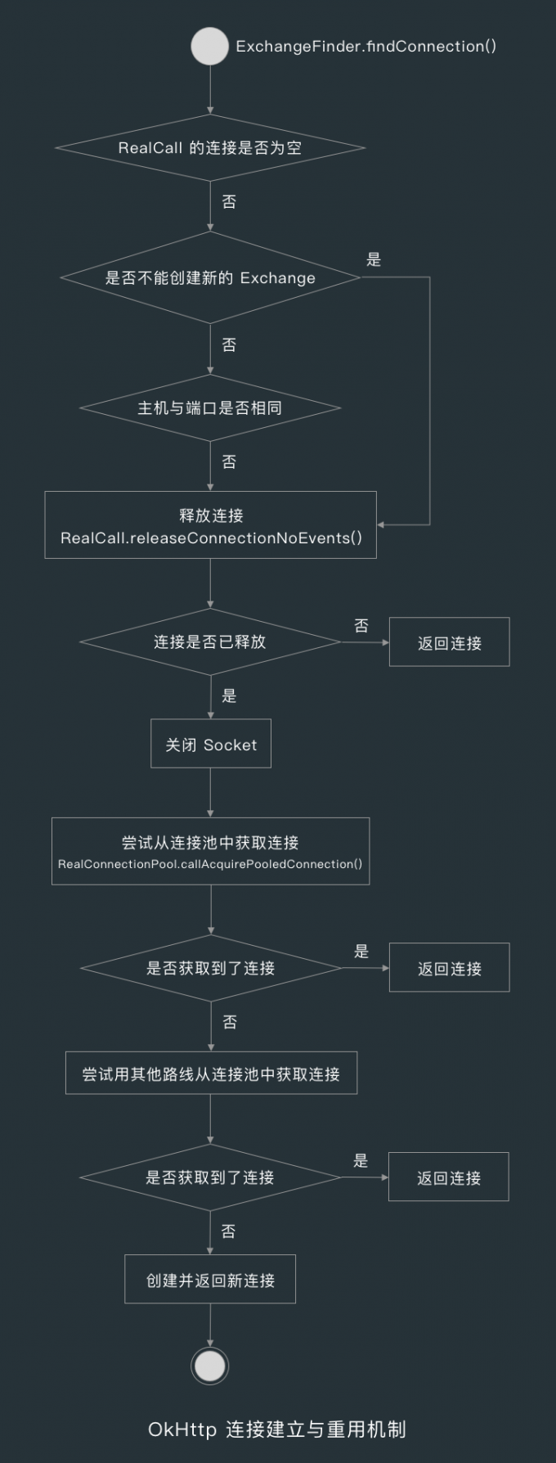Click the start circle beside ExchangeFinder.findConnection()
pos(209,47)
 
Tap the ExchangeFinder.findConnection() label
pos(365,47)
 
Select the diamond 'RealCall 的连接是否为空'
pos(209,148)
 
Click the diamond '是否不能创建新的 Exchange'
pos(209,277)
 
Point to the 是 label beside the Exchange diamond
pos(374,260)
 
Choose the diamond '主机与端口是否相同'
pos(209,407)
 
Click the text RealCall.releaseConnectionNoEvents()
pos(211,538)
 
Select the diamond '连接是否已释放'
pos(209,641)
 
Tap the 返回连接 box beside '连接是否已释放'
pos(449,642)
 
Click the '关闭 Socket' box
pos(211,744)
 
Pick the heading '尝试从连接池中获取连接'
pos(210,842)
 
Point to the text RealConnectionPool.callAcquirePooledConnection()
pos(210,864)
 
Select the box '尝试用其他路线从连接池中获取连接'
pos(211,1074)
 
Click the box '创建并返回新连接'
pos(210,1280)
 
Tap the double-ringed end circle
pos(210,1366)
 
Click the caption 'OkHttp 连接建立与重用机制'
pos(277,1429)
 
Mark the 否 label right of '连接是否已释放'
pos(361,626)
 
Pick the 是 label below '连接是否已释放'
pos(229,695)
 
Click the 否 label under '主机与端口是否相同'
pos(229,461)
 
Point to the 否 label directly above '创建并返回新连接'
pos(229,1231)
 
